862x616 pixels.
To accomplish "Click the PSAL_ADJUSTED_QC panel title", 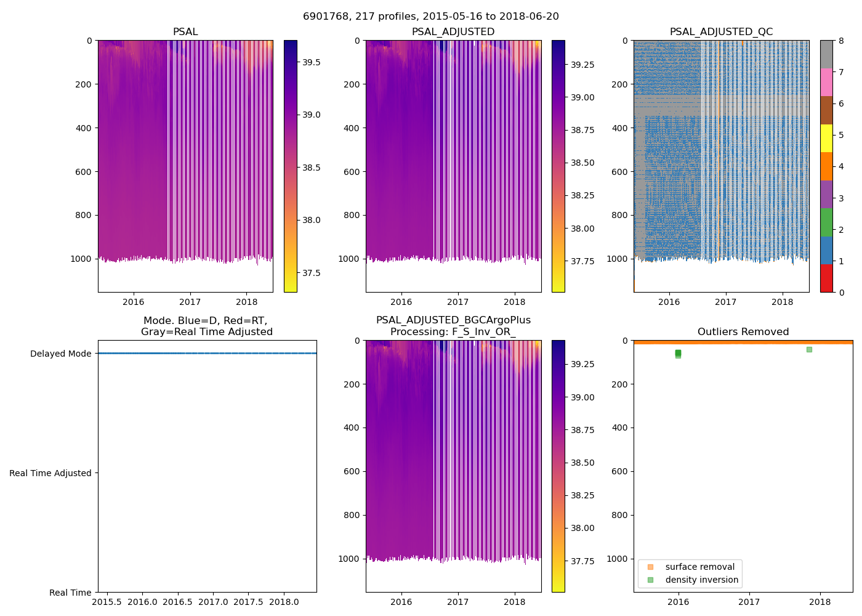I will coord(721,32).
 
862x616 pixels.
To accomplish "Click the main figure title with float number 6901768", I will coord(431,17).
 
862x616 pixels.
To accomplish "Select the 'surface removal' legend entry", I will coord(699,567).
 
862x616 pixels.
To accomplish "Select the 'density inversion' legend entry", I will coord(701,580).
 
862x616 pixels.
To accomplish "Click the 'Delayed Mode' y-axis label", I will coord(60,354).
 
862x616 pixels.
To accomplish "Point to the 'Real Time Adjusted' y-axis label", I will coord(50,473).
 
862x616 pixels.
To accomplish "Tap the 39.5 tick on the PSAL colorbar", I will coord(311,62).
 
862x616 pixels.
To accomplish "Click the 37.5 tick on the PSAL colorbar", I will coord(311,273).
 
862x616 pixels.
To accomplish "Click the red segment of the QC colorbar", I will coord(826,278).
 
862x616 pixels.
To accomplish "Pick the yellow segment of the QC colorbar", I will coord(826,138).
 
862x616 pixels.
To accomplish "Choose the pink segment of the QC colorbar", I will coord(826,82).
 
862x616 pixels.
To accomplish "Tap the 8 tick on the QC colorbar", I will coord(841,41).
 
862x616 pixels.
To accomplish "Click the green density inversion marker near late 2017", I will coord(809,349).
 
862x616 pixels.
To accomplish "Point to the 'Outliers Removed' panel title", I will coord(743,332).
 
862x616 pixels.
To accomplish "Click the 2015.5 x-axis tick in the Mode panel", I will coord(107,602).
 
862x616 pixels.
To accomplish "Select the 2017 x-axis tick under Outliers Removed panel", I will coord(749,602).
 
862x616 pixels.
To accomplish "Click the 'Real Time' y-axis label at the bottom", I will coord(70,593).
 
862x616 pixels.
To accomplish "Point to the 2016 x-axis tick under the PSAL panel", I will coord(133,302).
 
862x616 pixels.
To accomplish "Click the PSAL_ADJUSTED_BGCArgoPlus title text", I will coord(453,320).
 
